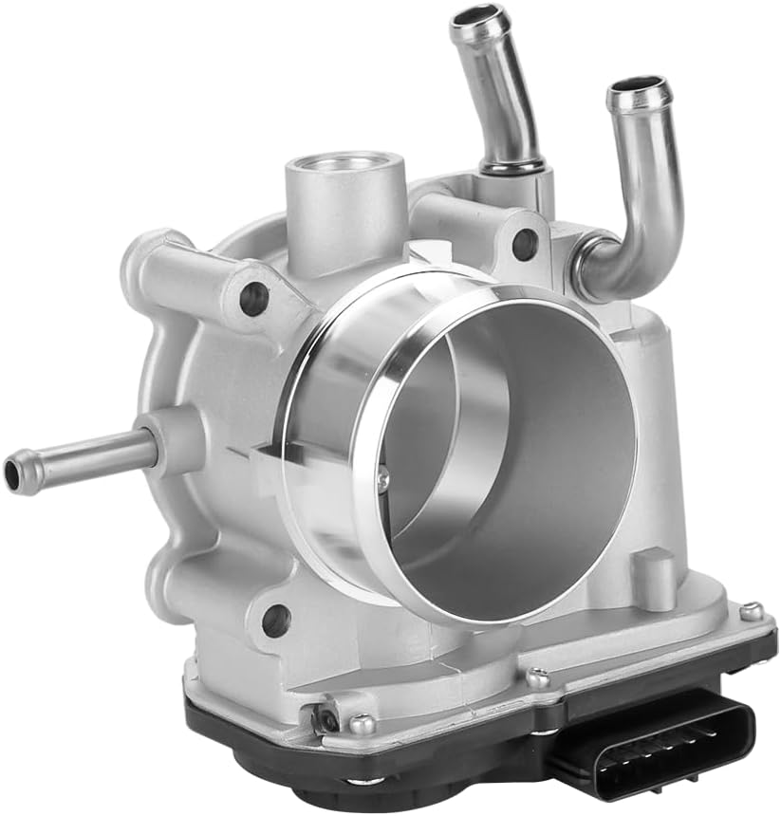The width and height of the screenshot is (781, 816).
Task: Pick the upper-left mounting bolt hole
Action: click(252, 299)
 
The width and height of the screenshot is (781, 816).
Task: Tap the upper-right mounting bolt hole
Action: click(524, 244)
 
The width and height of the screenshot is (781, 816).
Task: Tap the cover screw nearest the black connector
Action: click(538, 677)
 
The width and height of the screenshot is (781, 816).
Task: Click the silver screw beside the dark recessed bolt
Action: click(361, 725)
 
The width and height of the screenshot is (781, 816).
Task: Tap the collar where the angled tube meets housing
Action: click(512, 169)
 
